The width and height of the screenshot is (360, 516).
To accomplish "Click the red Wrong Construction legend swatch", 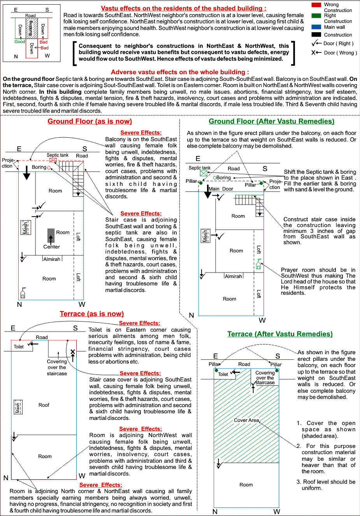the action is tap(316, 5).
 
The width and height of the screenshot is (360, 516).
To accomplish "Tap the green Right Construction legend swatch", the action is tap(316, 16).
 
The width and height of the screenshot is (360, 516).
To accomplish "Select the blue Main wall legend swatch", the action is tap(316, 27).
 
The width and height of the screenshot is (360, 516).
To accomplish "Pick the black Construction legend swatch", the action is tap(316, 35).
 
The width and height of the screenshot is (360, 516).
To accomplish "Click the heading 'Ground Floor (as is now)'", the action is tap(90, 121).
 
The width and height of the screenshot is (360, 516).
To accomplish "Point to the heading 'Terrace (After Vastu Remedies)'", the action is tap(280, 334).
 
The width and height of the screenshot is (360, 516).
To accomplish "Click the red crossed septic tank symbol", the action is tap(53, 160).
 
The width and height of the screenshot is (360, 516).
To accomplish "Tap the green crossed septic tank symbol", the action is tap(204, 173).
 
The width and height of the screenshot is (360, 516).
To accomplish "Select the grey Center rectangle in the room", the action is tap(51, 236).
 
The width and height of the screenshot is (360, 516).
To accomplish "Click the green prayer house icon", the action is tap(259, 264).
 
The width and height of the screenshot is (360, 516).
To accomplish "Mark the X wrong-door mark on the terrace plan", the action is tap(73, 352).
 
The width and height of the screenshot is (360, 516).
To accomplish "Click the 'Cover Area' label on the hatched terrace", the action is tap(246, 420).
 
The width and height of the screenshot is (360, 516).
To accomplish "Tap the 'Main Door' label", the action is tap(221, 189).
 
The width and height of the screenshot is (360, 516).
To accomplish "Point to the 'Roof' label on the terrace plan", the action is tap(44, 405).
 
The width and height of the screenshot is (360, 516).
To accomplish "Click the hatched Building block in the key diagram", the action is tap(32, 28).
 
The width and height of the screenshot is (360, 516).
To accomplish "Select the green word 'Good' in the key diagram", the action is tap(20, 42).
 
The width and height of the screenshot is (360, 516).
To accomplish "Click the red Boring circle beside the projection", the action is tap(49, 168).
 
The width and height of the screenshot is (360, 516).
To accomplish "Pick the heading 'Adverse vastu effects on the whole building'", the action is tap(180, 72).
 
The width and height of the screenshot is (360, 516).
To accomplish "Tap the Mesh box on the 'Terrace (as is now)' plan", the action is tap(18, 407).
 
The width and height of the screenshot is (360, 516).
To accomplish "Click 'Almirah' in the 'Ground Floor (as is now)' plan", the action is tap(52, 259).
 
